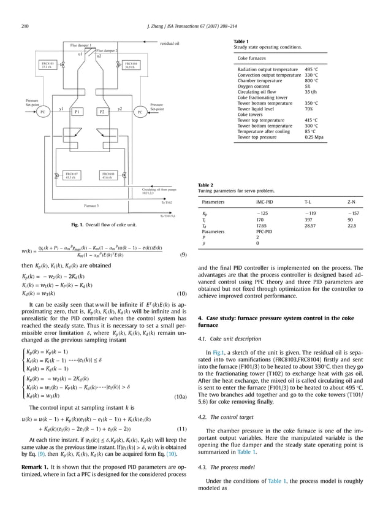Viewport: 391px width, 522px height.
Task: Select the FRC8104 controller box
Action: [130, 65]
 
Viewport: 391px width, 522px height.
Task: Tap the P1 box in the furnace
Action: [77, 112]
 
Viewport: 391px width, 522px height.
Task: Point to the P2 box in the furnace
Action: [102, 112]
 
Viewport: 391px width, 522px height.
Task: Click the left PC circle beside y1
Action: [43, 112]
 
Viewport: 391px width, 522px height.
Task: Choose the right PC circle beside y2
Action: [140, 112]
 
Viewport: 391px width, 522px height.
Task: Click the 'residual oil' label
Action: [170, 44]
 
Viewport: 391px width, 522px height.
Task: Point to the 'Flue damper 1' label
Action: [81, 45]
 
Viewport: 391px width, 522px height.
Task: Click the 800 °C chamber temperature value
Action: [312, 80]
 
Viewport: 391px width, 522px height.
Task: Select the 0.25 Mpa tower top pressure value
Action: [316, 138]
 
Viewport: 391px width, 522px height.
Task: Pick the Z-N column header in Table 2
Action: [352, 201]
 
